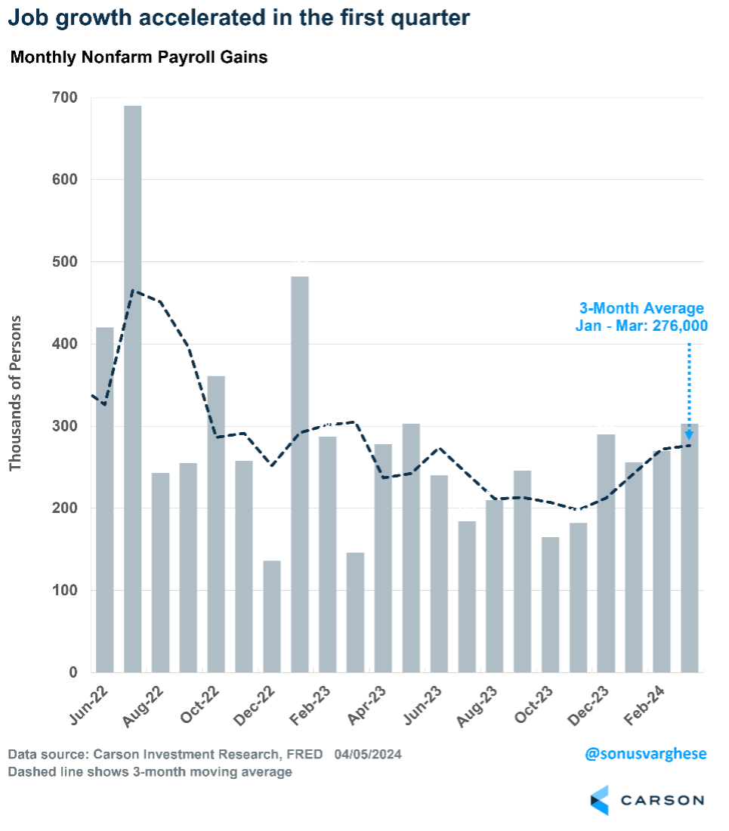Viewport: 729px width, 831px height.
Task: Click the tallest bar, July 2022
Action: (133, 389)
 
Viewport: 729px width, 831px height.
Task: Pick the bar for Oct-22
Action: (216, 524)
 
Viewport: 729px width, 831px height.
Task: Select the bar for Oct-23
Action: (551, 604)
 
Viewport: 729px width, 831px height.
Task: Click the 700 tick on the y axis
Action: (65, 97)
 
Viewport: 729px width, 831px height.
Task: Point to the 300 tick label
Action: (65, 426)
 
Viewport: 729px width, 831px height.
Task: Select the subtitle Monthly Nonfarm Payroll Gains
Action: (139, 57)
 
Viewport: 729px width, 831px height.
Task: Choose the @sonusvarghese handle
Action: (645, 754)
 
